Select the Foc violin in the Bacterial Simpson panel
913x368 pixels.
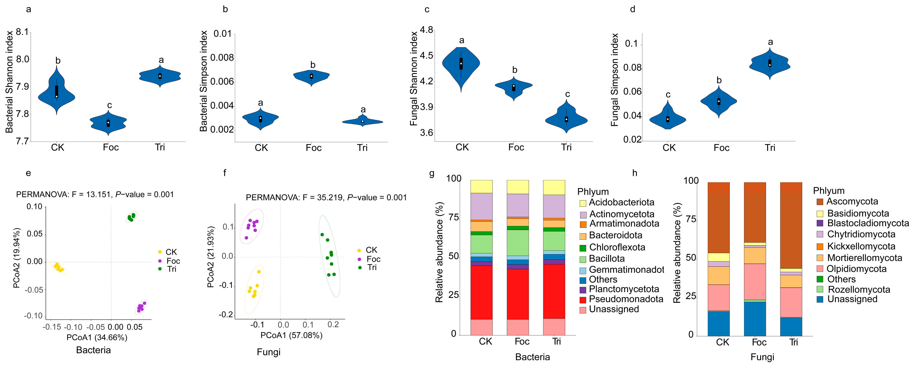312,76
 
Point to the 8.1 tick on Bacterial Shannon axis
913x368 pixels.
22,32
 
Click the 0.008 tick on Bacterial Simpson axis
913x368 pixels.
222,58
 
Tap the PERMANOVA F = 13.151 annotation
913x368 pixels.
95,195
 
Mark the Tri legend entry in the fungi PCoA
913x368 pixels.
368,267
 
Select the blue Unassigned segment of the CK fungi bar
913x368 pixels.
718,323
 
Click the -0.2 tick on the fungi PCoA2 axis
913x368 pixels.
226,315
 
